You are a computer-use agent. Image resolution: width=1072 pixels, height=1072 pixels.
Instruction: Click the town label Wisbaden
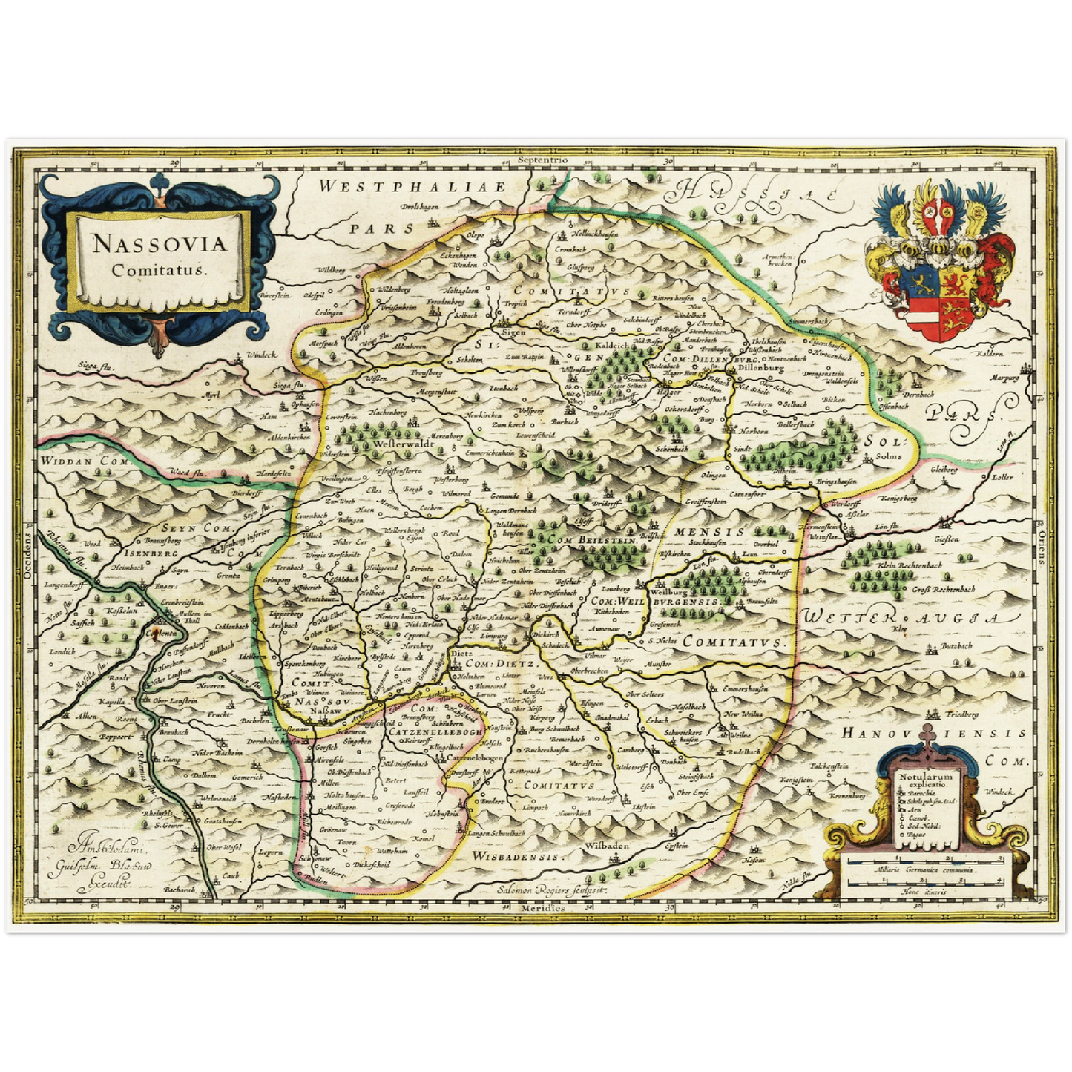[606, 845]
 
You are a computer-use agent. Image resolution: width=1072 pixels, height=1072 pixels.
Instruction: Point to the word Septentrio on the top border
[543, 160]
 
